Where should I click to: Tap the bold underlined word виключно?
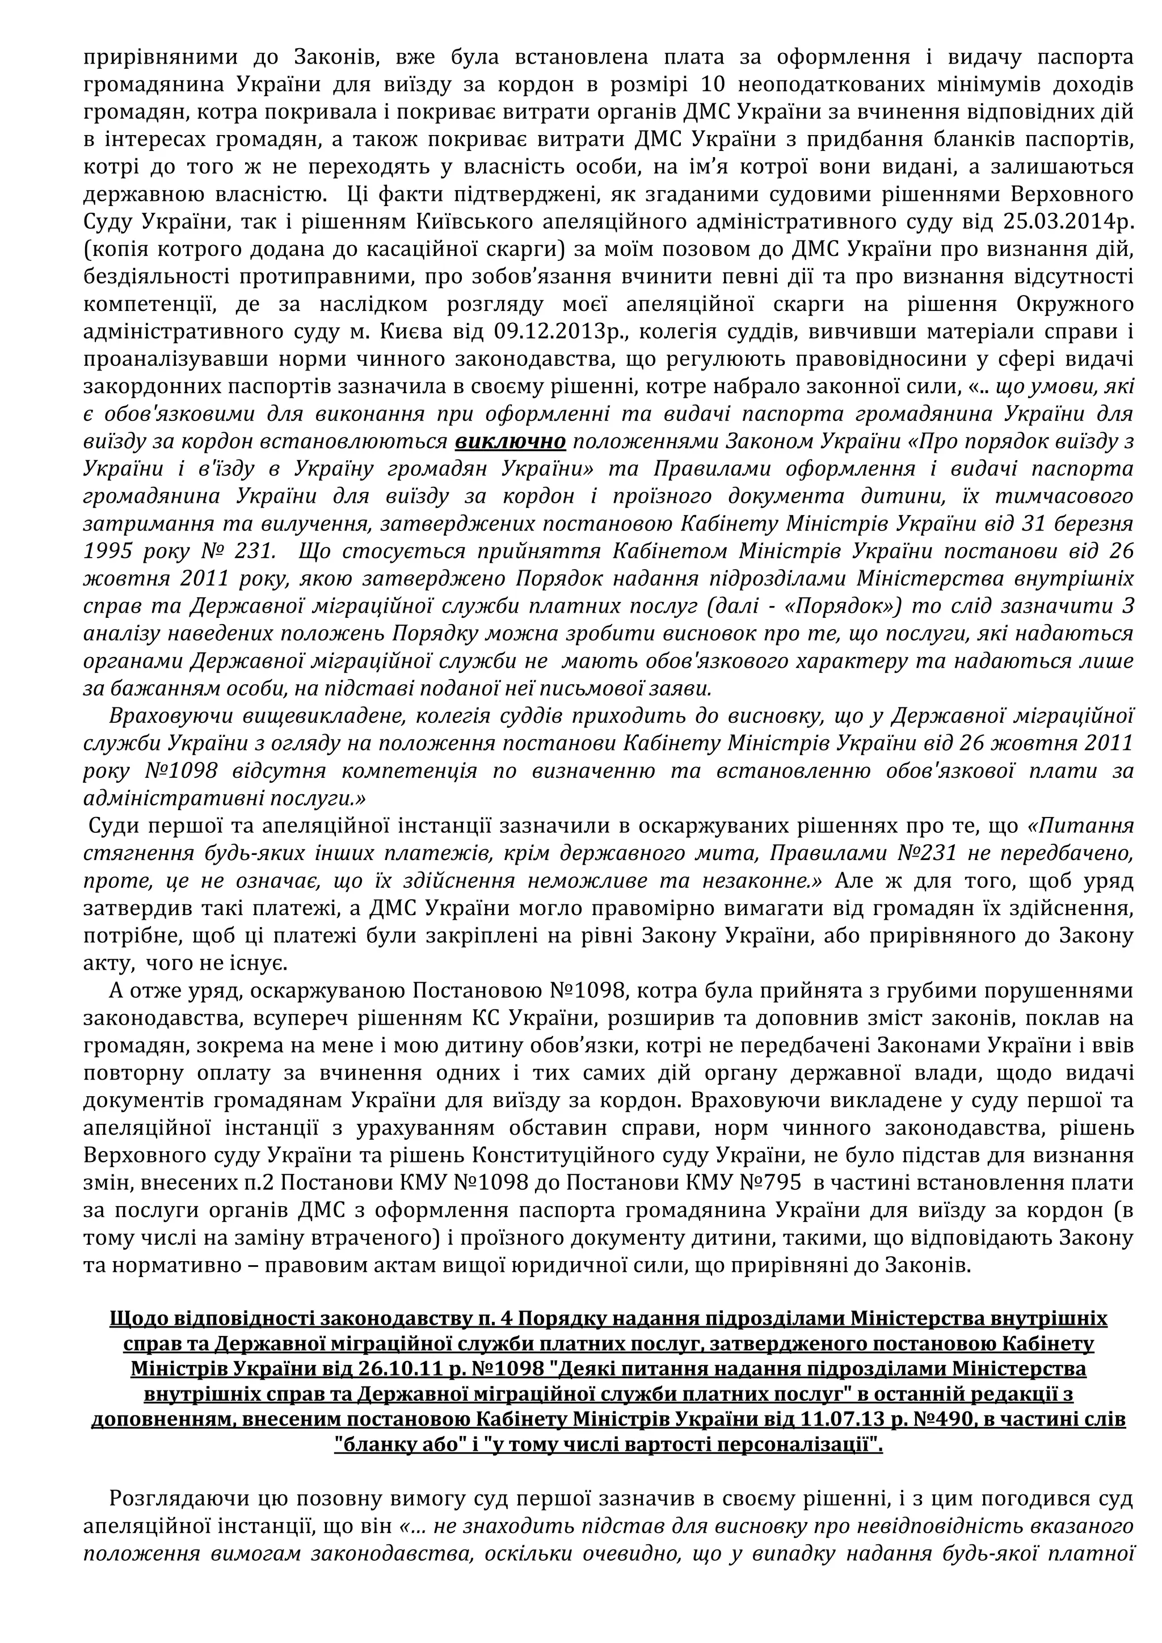[x=510, y=442]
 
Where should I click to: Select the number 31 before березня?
[x=1050, y=524]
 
